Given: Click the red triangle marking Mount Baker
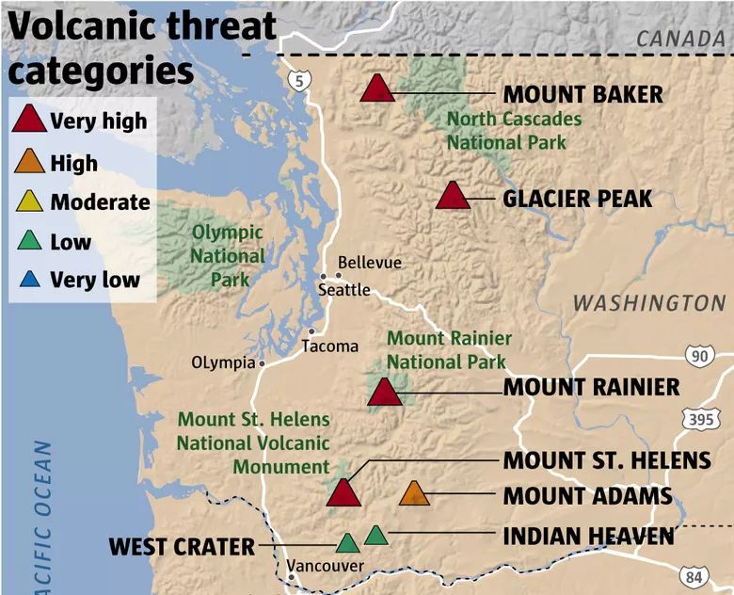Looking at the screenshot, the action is [x=377, y=88].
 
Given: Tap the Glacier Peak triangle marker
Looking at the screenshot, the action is [x=453, y=196].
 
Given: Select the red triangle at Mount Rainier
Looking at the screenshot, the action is [x=385, y=393].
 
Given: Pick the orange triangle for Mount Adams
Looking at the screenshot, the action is [x=414, y=493].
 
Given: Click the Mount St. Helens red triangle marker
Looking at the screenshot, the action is [x=343, y=493].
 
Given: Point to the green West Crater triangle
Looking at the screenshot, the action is [x=348, y=543].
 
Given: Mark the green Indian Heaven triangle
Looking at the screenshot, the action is [x=375, y=536].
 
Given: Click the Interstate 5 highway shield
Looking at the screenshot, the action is [x=299, y=81].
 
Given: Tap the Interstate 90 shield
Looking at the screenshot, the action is [x=700, y=356].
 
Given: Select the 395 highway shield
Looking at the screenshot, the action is [x=701, y=419].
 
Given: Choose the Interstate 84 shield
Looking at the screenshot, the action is [x=694, y=577].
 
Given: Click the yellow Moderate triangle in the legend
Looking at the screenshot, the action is [x=29, y=201].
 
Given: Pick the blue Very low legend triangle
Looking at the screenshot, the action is [x=30, y=280].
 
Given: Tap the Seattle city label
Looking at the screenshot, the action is [x=344, y=290].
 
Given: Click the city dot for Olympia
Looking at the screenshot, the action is [x=263, y=363].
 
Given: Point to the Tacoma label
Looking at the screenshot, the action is [x=330, y=346].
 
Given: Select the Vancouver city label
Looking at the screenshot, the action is [x=325, y=566].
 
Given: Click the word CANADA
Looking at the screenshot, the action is [x=680, y=39].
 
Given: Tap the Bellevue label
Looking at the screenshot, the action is [x=369, y=263].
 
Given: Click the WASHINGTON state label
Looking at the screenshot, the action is [x=649, y=303].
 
